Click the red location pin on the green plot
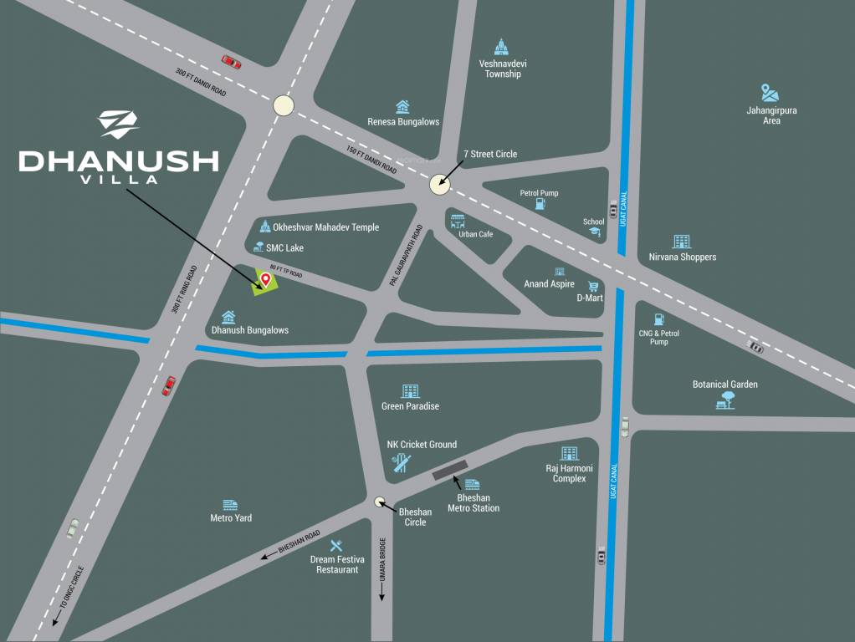(266, 280)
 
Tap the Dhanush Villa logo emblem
(119, 124)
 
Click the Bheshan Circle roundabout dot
(380, 502)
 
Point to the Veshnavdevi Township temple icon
(502, 47)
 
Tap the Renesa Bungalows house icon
(402, 107)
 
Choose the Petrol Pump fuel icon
(540, 203)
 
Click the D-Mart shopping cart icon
(593, 286)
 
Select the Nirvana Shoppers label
(683, 257)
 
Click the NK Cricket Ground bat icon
(402, 461)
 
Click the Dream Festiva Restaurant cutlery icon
(335, 546)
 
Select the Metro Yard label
(231, 518)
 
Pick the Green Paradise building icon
(410, 391)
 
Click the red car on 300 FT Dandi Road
(232, 61)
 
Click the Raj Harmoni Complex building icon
(570, 454)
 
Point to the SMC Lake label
(284, 248)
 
